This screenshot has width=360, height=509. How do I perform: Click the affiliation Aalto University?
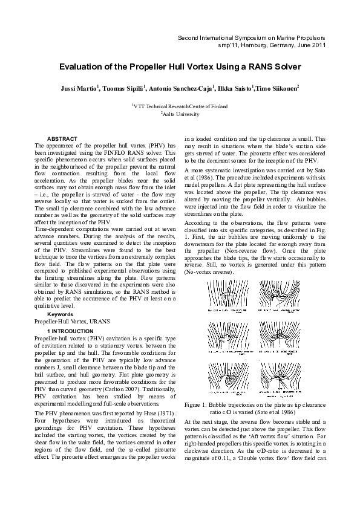(x=180, y=114)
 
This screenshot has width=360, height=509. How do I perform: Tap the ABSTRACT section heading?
(x=62, y=139)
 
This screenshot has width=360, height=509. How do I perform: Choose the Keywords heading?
(x=61, y=314)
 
